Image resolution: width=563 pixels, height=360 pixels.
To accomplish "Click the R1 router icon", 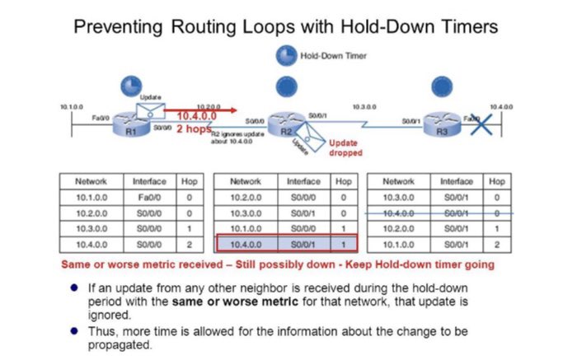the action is tap(129, 122).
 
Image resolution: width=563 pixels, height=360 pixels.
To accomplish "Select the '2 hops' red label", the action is tap(195, 129).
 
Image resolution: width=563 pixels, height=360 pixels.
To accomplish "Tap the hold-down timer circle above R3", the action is tap(444, 86).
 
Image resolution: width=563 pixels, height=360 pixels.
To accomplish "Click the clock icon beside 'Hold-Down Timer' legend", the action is tap(286, 55).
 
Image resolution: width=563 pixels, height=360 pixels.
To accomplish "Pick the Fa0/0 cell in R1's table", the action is tap(149, 197).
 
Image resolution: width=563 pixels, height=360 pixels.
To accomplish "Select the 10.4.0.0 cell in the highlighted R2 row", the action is tap(245, 245).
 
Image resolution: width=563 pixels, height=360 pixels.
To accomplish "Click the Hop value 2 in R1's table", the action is tap(189, 245).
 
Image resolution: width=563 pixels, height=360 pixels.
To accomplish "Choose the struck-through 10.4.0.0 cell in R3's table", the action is tap(398, 213).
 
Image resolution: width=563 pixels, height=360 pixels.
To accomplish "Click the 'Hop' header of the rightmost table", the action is tap(496, 181).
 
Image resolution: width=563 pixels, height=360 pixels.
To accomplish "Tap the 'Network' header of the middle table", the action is tap(245, 181).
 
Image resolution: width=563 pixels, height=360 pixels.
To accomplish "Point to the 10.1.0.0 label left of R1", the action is tap(73, 108).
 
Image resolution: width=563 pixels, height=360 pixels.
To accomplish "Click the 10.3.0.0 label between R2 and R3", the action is tap(364, 108).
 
